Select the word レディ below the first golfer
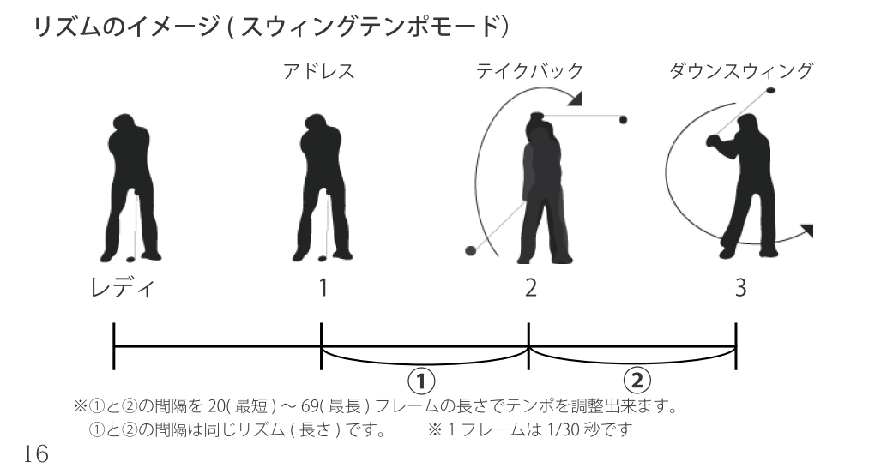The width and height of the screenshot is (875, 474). (122, 288)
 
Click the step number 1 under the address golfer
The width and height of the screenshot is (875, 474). (323, 288)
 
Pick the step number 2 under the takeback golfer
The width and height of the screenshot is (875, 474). (531, 288)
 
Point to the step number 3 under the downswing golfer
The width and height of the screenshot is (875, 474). (740, 288)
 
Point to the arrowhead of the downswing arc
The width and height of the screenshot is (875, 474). (806, 230)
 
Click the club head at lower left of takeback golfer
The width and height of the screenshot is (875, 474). (469, 250)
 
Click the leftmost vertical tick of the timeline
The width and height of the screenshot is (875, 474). (114, 346)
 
